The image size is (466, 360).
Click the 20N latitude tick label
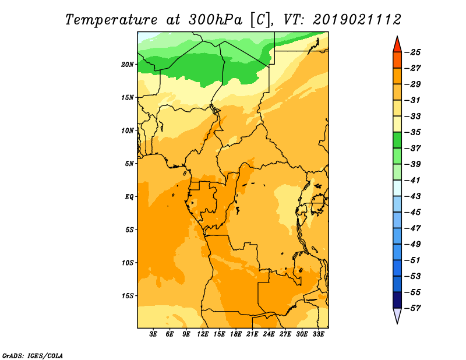tap(127, 65)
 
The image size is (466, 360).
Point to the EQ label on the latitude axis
tap(129, 197)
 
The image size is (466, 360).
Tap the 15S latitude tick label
tap(127, 296)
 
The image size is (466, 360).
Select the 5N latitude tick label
tap(129, 164)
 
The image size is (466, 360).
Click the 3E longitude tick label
tap(153, 334)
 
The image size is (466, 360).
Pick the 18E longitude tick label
tap(236, 334)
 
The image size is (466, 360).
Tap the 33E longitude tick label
tap(318, 334)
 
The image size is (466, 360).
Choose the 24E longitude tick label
tap(269, 334)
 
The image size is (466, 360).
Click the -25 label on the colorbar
tap(412, 52)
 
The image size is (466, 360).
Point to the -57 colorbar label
tap(412, 308)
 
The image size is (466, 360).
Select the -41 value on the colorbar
tap(412, 181)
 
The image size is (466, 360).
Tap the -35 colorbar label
tap(412, 132)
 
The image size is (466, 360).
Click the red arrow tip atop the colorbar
tap(397, 36)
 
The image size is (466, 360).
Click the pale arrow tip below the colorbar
tap(397, 323)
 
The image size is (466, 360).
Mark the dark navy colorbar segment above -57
tap(397, 300)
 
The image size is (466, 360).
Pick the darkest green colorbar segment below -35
tap(397, 140)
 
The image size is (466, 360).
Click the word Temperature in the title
tap(111, 20)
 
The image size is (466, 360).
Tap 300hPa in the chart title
tap(216, 20)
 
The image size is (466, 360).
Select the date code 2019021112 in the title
tap(357, 20)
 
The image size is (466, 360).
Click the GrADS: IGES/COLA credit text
tap(33, 356)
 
